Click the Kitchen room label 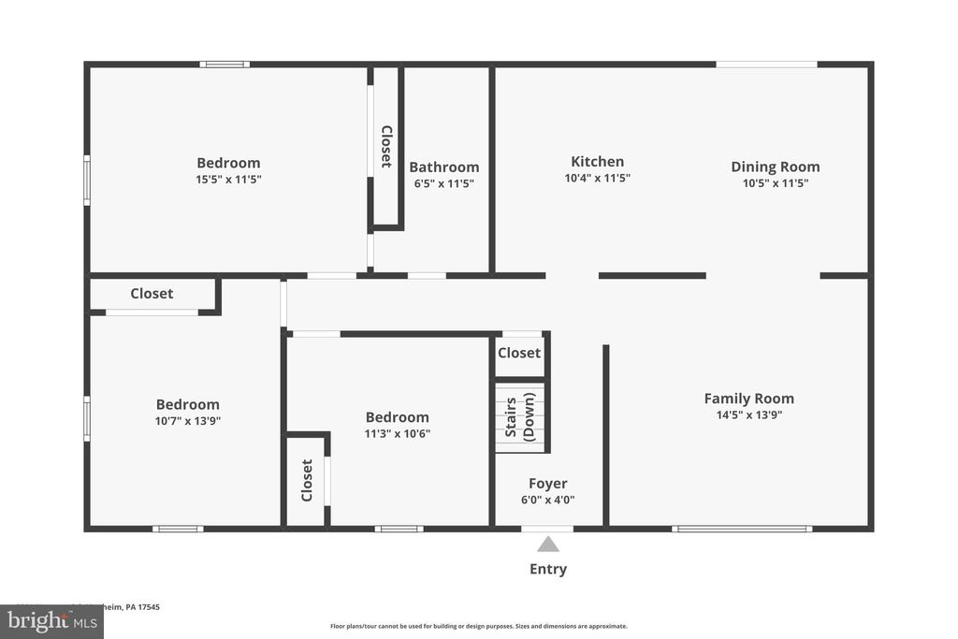pyautogui.click(x=597, y=161)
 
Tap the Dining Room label pyautogui.click(x=775, y=167)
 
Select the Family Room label pyautogui.click(x=748, y=398)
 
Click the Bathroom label pyautogui.click(x=443, y=167)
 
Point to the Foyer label pyautogui.click(x=547, y=484)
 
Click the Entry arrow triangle pyautogui.click(x=548, y=544)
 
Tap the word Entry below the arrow pyautogui.click(x=548, y=569)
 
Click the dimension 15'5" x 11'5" pyautogui.click(x=228, y=179)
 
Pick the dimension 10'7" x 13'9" pyautogui.click(x=187, y=421)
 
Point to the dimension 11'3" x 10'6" pyautogui.click(x=397, y=433)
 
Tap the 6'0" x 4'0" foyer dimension pyautogui.click(x=547, y=500)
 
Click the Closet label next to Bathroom pyautogui.click(x=385, y=146)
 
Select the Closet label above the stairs pyautogui.click(x=518, y=353)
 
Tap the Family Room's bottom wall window pyautogui.click(x=742, y=529)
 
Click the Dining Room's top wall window pyautogui.click(x=766, y=64)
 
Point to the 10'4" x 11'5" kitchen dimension pyautogui.click(x=597, y=178)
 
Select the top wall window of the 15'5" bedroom pyautogui.click(x=225, y=64)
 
